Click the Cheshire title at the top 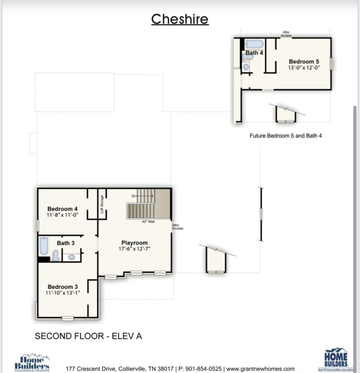(x=180, y=19)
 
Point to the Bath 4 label (x=254, y=53)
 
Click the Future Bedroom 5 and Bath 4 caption (x=285, y=136)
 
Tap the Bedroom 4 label (x=62, y=209)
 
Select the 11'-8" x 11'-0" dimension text (x=62, y=215)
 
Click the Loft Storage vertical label (x=102, y=204)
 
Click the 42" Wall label (x=148, y=222)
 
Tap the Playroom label (x=134, y=243)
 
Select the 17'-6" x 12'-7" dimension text (x=134, y=249)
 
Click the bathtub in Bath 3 (x=44, y=246)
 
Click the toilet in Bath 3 (x=56, y=256)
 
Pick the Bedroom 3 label (x=63, y=287)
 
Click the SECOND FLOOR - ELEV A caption (x=88, y=336)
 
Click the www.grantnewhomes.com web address (x=260, y=369)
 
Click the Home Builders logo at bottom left (x=32, y=362)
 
